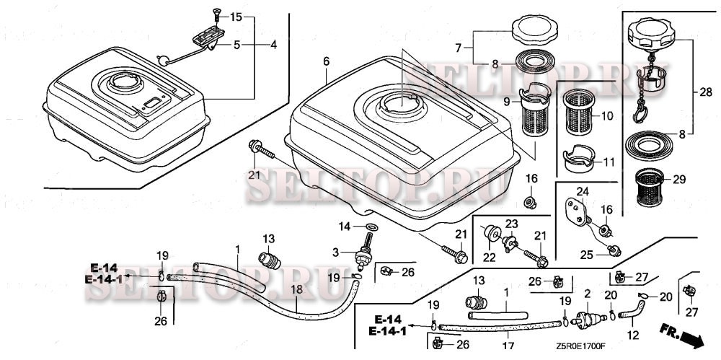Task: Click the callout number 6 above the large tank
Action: pos(326,62)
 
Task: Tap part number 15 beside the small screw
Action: pos(236,16)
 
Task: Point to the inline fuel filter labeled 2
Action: pos(590,317)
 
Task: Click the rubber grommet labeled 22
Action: pos(492,234)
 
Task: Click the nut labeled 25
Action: pos(614,250)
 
